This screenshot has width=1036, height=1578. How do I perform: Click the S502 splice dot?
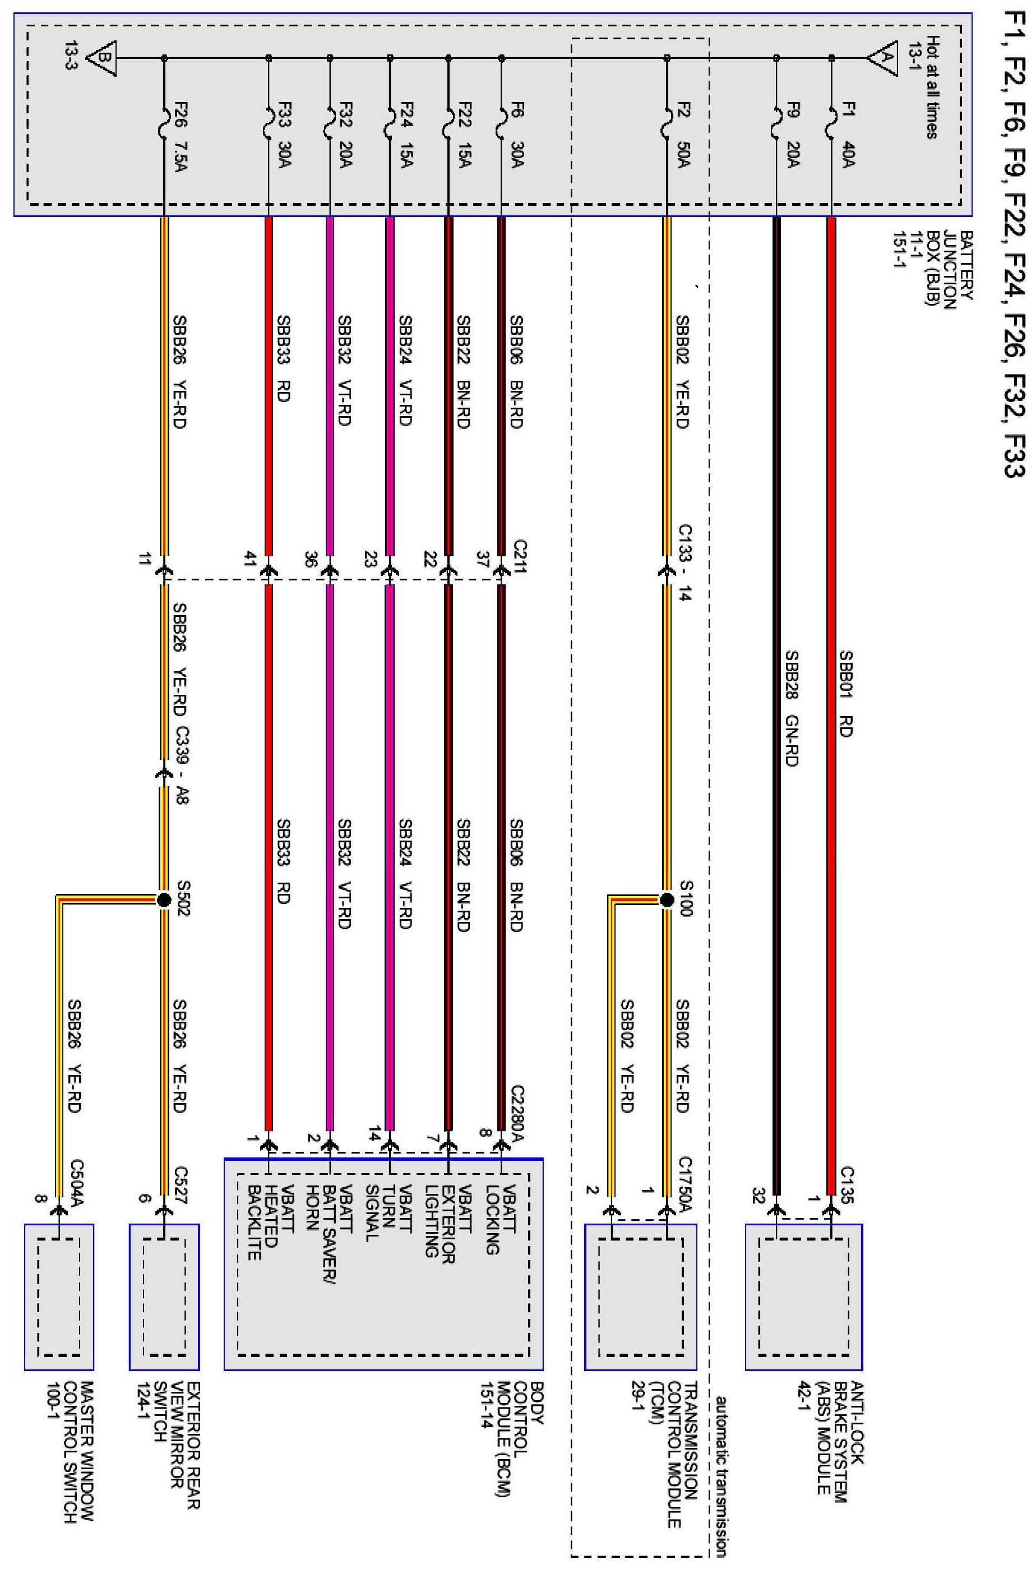pyautogui.click(x=164, y=899)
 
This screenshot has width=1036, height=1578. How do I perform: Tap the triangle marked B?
pyautogui.click(x=103, y=58)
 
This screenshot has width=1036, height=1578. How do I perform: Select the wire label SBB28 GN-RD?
pyautogui.click(x=791, y=709)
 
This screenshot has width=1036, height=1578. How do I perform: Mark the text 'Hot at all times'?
pyautogui.click(x=932, y=87)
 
